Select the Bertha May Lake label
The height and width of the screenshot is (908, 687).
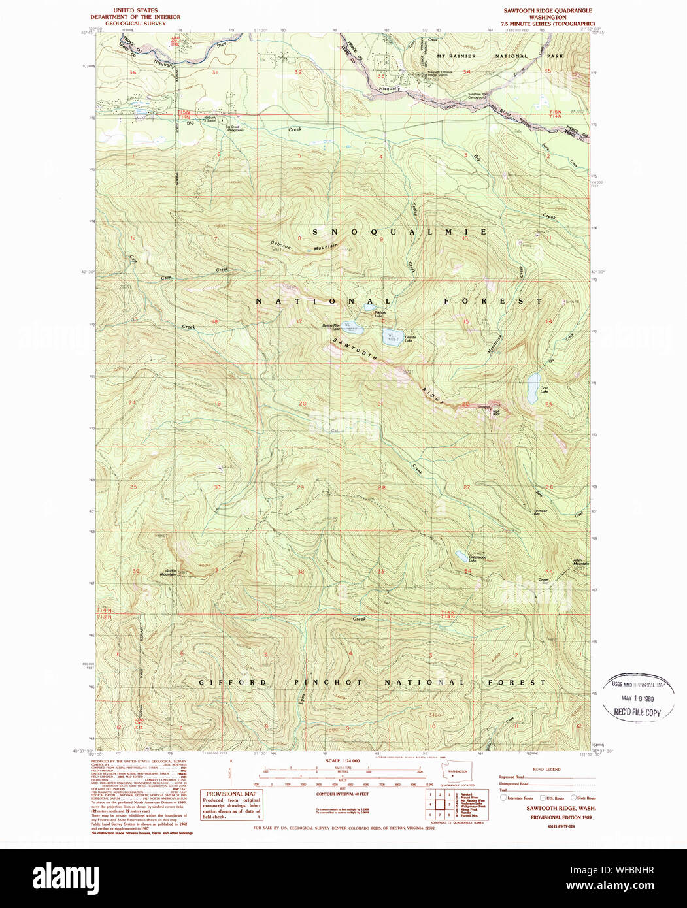tap(330, 328)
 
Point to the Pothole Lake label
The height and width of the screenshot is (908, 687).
tap(382, 315)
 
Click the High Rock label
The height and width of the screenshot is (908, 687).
tap(496, 413)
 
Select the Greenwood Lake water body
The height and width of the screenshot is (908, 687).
tap(461, 557)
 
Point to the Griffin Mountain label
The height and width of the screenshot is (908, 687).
tap(167, 572)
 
